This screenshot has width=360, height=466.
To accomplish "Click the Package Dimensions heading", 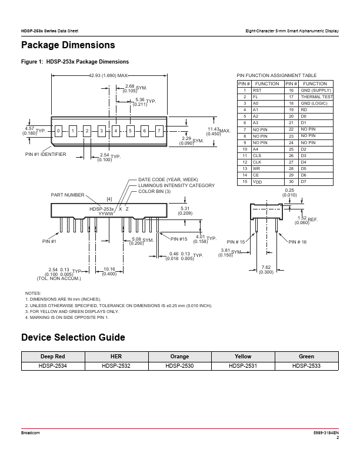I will (x=68, y=45).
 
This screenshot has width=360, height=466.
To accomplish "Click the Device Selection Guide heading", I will (x=73, y=338).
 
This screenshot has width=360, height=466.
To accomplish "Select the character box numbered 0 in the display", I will (x=58, y=130).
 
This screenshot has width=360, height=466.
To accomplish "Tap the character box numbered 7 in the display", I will (x=159, y=130).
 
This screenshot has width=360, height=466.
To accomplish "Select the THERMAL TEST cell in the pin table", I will (x=316, y=96).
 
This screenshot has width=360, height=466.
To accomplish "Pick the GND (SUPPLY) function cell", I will (x=316, y=90).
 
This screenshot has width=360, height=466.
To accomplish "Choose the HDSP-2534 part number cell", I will (x=54, y=366).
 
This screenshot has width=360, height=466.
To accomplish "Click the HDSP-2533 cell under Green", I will (x=306, y=366).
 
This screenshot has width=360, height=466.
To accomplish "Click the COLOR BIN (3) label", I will (x=155, y=191).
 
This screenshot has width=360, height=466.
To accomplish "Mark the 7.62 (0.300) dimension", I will (x=266, y=269).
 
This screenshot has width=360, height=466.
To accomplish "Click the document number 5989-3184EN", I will (x=326, y=432).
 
